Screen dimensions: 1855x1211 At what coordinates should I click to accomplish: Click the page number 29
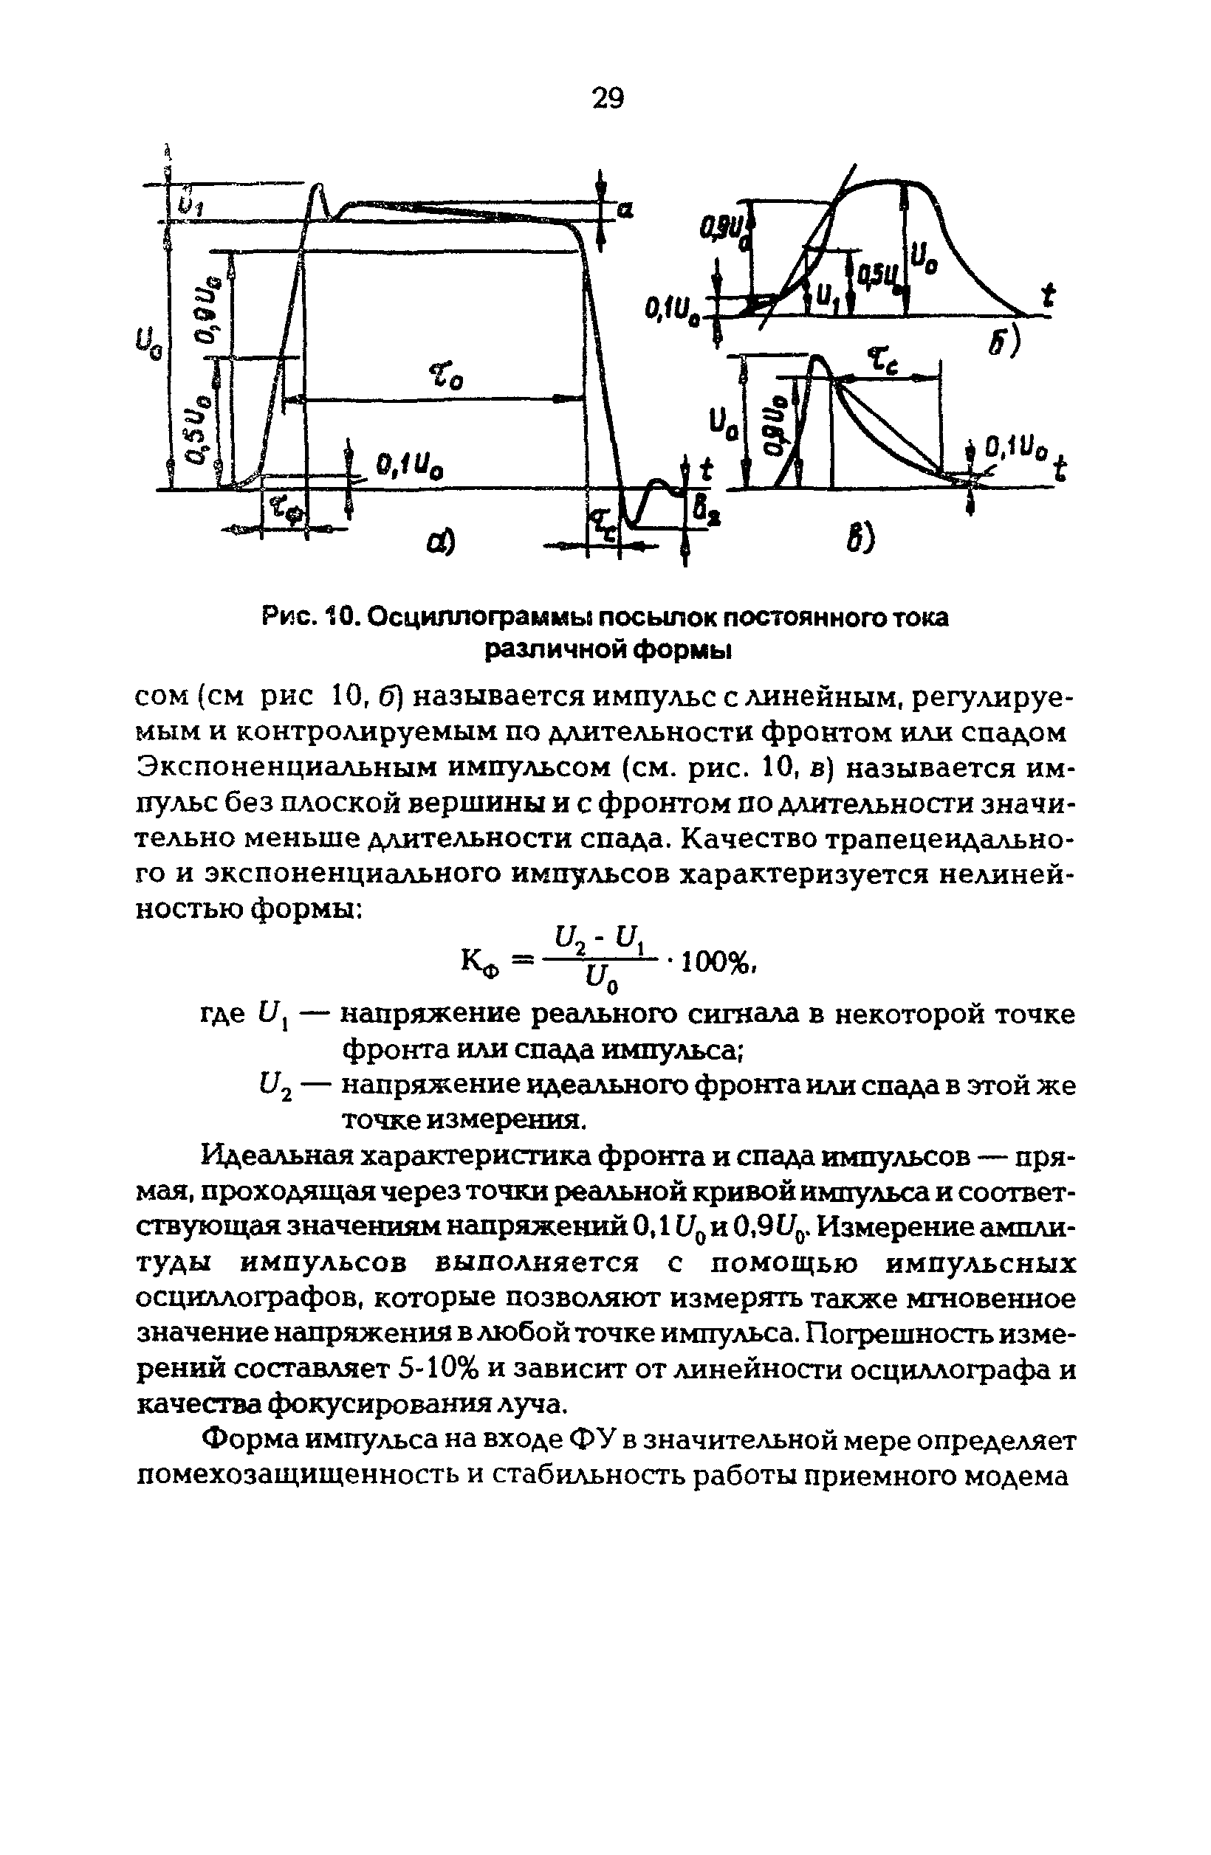pyautogui.click(x=608, y=99)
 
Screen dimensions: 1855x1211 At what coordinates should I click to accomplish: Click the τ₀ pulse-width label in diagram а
pyautogui.click(x=445, y=379)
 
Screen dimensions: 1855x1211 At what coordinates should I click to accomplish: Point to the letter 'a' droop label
pyautogui.click(x=625, y=209)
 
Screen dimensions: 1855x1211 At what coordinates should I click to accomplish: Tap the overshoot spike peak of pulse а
pyautogui.click(x=318, y=187)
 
